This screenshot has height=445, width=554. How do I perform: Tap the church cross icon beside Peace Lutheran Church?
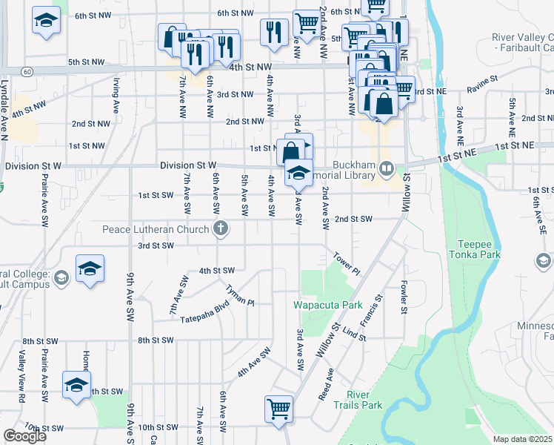[220, 229]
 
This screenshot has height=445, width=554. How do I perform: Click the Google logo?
[24, 436]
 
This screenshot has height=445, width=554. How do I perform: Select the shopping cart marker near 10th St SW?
[278, 408]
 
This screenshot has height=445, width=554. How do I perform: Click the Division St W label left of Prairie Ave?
[31, 166]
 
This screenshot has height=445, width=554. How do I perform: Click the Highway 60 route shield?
[27, 71]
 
